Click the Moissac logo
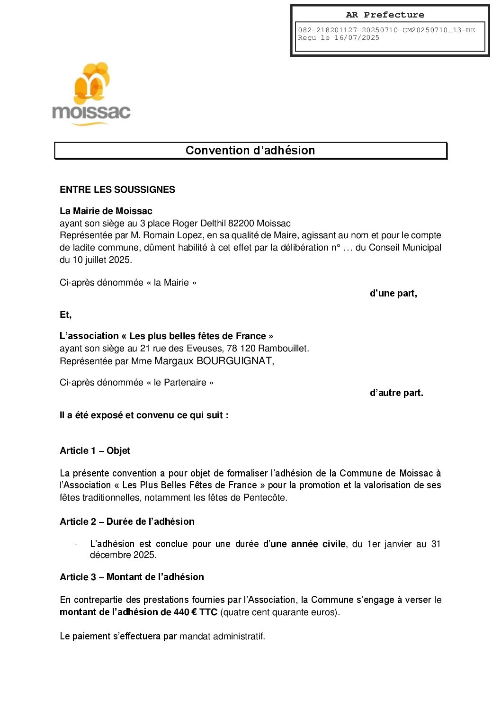click(91, 95)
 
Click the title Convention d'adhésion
click(250, 151)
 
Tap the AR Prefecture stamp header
click(385, 15)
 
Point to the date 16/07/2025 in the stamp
click(357, 38)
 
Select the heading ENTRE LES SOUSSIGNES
click(117, 189)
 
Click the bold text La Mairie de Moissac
click(106, 211)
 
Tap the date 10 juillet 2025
click(102, 260)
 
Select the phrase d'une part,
click(393, 294)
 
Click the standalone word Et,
click(66, 315)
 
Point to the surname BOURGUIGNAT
click(234, 361)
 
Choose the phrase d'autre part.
click(396, 393)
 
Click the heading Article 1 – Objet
click(95, 450)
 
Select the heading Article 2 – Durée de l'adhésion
click(127, 521)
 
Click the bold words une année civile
click(308, 544)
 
